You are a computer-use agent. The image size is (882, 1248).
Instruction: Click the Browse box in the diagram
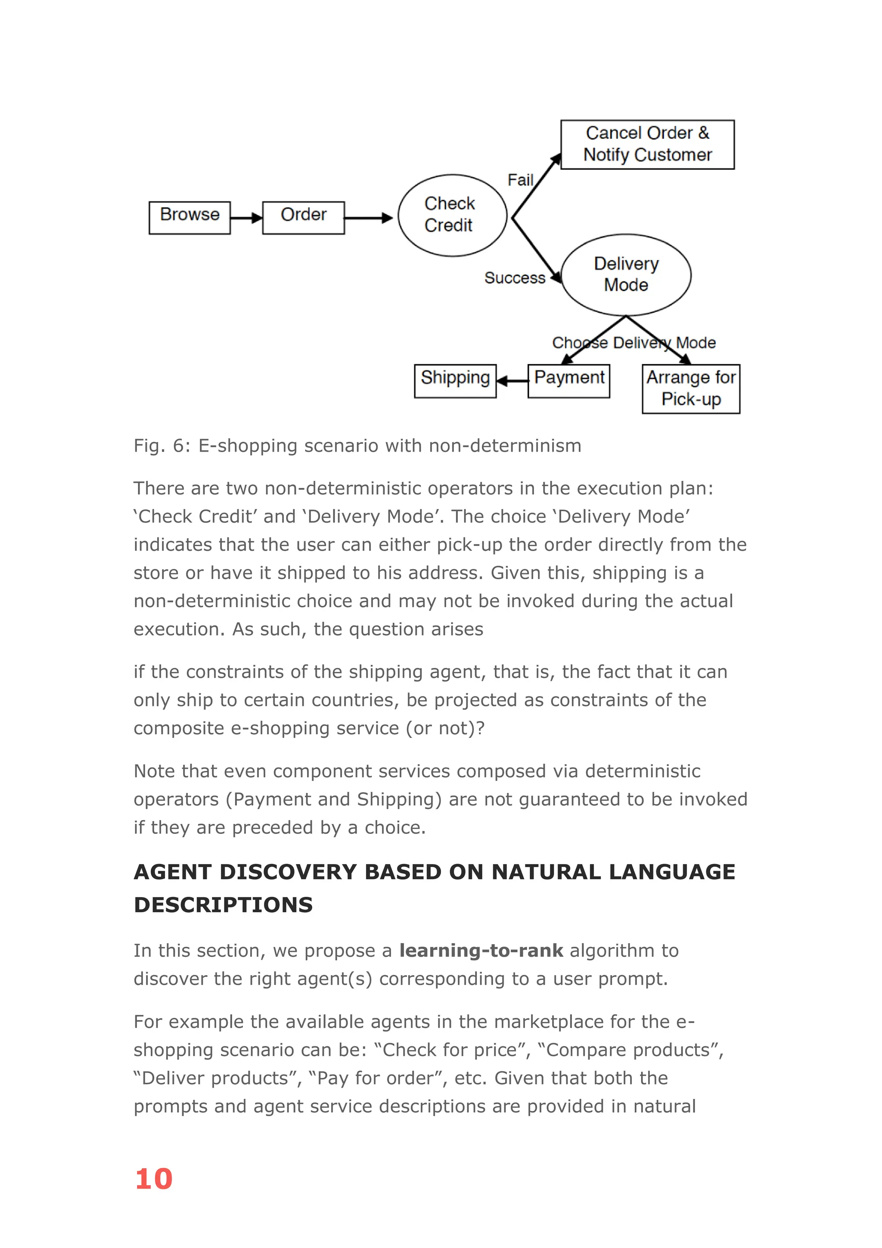coord(189,218)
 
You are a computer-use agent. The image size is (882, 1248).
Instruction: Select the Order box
coord(303,218)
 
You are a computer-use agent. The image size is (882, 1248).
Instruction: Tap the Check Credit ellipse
coord(452,215)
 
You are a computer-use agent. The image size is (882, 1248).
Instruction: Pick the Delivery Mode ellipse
coord(626,275)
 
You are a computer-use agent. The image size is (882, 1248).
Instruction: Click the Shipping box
coord(455,381)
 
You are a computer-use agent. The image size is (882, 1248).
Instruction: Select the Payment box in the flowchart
coord(568,381)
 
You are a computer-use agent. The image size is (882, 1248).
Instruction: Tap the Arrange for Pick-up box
coord(690,389)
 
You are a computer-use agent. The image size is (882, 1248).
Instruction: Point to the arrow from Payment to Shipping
coord(512,381)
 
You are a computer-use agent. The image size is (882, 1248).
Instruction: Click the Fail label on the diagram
coord(520,180)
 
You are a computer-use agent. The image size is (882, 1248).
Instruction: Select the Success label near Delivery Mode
coord(514,278)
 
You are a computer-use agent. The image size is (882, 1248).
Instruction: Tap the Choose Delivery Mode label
coord(634,343)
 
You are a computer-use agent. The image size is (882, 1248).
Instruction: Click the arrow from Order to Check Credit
coord(368,218)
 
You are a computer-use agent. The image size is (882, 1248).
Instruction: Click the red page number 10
coord(154,1179)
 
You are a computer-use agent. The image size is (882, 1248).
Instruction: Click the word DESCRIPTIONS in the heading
coord(223,905)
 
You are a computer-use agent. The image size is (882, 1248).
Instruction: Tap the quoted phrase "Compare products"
coord(629,1050)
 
